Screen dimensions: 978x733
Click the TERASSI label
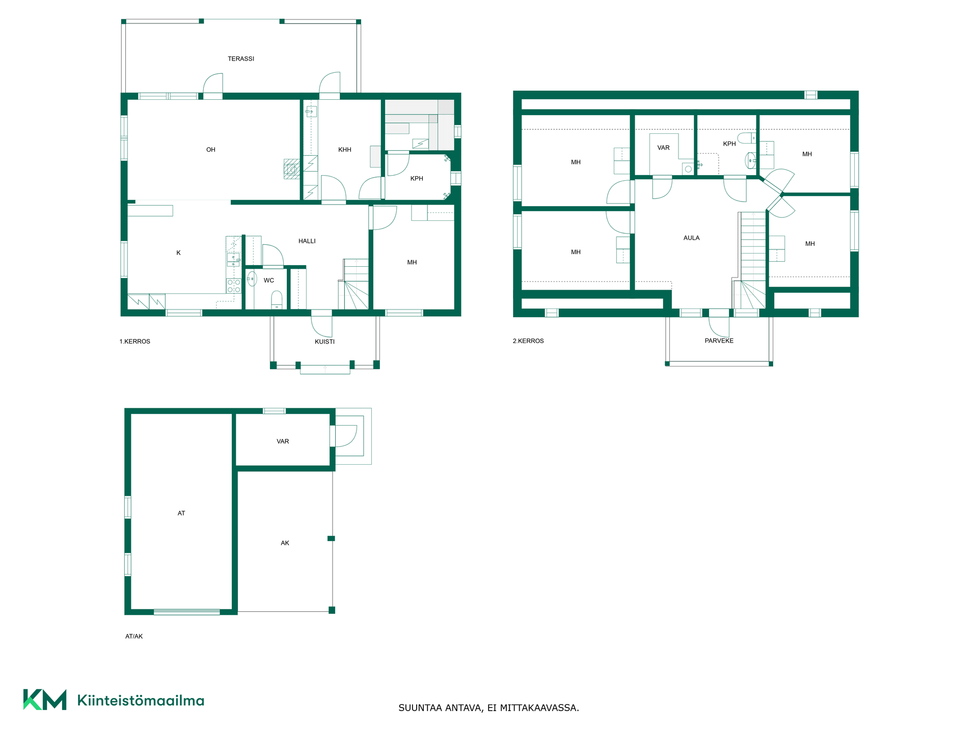(241, 59)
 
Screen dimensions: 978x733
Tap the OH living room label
(211, 150)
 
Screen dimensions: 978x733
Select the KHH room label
(345, 150)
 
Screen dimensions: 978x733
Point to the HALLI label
(307, 241)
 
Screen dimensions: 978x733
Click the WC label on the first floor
(269, 280)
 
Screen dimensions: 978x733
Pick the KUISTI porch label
(325, 342)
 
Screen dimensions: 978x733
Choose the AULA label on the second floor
(692, 238)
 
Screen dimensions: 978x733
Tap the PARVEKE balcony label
(719, 341)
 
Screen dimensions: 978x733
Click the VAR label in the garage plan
(283, 441)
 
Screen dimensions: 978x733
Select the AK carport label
(285, 543)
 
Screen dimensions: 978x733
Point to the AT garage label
(181, 513)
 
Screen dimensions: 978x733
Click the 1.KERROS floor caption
(135, 342)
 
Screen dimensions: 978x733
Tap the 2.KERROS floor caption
(528, 341)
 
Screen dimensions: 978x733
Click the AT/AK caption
(134, 636)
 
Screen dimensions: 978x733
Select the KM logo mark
(45, 700)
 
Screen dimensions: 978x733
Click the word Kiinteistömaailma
(141, 700)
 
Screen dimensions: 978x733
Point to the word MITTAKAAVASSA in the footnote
(539, 708)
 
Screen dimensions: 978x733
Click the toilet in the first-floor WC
(277, 300)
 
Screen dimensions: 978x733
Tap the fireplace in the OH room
(292, 169)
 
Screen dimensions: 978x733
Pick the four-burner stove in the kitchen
(234, 286)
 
